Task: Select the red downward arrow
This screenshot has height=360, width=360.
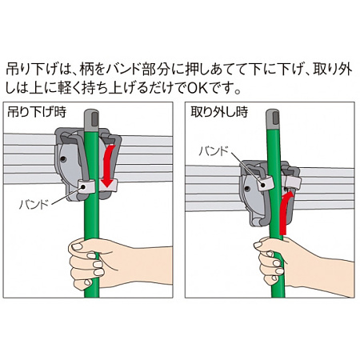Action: [106, 164]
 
